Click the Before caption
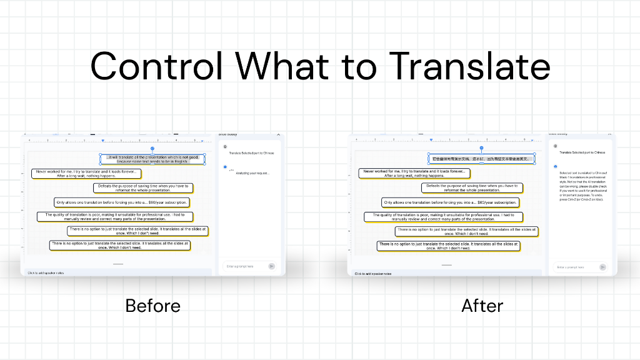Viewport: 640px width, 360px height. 152,306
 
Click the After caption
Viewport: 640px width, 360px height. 482,306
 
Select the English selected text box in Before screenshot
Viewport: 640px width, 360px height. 152,159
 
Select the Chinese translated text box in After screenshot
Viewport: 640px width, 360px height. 481,159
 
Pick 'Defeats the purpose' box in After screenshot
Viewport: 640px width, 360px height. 472,187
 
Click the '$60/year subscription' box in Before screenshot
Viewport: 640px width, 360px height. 122,202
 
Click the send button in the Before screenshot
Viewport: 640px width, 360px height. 271,266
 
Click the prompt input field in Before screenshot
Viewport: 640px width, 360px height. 244,266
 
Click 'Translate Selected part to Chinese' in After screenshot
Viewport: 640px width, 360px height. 582,152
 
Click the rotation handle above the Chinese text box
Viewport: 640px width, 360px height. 481,148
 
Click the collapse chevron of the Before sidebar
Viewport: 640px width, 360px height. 278,134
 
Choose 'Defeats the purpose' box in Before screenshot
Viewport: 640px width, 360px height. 144,187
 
